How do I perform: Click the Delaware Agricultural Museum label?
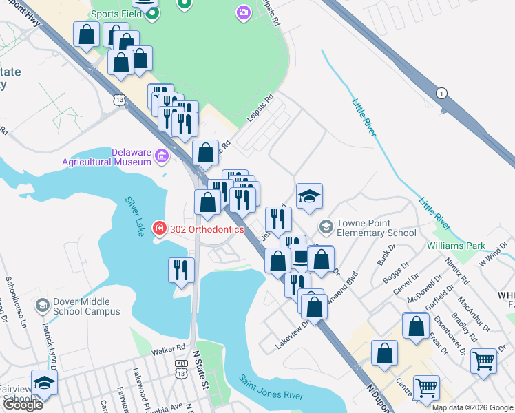(107, 157)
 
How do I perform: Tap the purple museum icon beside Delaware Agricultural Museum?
(162, 157)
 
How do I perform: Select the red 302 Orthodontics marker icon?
(159, 227)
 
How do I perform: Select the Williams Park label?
(456, 245)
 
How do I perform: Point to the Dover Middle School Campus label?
(82, 306)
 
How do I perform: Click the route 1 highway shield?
(441, 93)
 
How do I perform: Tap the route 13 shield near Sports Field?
(121, 100)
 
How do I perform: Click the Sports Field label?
(115, 13)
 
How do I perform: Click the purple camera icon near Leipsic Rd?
(243, 12)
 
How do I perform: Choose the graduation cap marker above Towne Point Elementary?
(309, 196)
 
